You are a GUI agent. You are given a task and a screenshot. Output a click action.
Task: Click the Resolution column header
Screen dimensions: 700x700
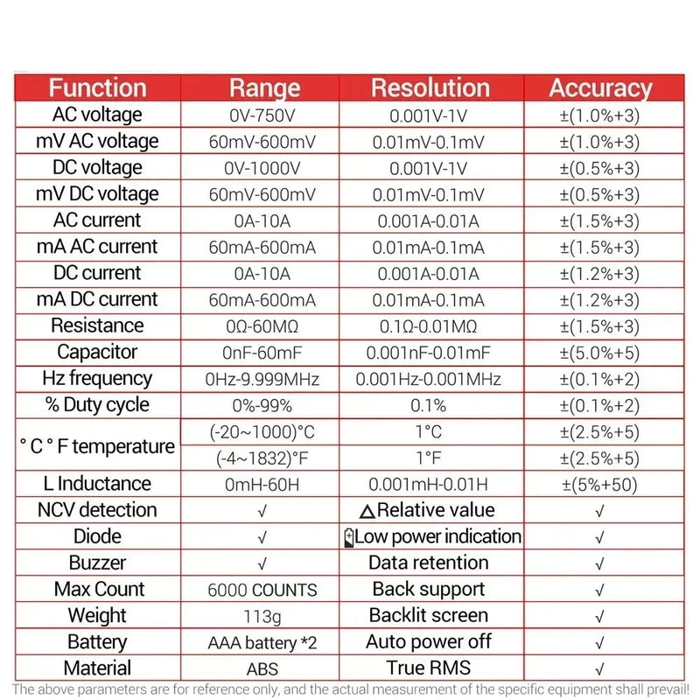click(430, 87)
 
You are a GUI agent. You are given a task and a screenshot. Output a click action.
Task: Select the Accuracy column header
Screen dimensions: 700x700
click(600, 87)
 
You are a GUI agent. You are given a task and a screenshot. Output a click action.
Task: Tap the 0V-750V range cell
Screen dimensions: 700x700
click(262, 115)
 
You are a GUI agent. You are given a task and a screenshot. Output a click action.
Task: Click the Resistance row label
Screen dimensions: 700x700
click(97, 325)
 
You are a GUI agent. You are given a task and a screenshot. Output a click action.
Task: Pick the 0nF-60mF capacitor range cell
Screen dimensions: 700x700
click(262, 353)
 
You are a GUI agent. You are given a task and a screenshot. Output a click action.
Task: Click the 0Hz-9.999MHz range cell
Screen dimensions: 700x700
click(262, 379)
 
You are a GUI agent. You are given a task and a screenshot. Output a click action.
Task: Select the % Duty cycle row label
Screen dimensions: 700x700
click(97, 405)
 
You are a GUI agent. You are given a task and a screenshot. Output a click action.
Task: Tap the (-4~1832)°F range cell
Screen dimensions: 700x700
click(262, 458)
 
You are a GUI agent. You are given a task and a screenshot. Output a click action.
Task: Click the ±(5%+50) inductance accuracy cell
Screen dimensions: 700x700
click(600, 485)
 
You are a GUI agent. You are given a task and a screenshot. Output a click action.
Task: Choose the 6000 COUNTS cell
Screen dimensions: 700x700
click(262, 590)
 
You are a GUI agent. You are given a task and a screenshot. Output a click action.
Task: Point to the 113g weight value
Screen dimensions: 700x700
click(262, 617)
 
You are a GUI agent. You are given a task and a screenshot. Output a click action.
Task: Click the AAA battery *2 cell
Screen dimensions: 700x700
click(262, 643)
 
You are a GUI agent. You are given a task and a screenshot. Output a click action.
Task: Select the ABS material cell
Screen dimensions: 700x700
click(262, 669)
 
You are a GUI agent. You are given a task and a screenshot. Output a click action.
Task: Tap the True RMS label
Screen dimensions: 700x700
click(429, 668)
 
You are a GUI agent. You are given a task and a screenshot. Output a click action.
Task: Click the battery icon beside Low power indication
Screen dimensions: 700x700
click(349, 537)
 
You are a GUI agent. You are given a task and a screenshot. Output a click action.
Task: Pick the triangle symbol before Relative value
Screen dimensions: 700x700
click(367, 511)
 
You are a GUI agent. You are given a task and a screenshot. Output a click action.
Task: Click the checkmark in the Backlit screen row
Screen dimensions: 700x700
click(599, 617)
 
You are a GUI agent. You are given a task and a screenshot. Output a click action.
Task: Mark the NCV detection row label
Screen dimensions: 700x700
click(97, 510)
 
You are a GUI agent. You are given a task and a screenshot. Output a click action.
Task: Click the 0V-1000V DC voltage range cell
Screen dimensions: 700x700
click(262, 168)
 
